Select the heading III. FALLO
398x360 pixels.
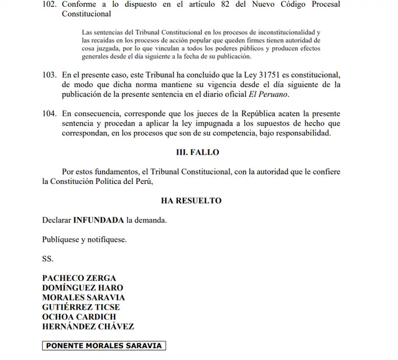198,152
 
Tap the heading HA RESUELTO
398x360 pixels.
191,201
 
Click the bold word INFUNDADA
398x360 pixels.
99,220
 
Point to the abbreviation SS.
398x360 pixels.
48,258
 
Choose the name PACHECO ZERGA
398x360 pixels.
79,278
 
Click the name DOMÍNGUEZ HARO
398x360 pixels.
82,288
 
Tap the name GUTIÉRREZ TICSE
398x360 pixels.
81,307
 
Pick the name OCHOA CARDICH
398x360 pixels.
78,316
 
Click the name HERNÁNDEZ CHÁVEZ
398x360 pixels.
88,326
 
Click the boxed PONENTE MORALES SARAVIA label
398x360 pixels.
104,346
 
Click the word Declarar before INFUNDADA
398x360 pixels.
57,220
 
